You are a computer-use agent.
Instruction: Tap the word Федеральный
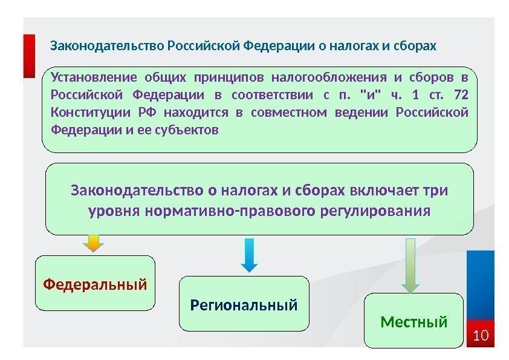pyautogui.click(x=95, y=283)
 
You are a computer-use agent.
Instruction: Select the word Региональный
pyautogui.click(x=244, y=304)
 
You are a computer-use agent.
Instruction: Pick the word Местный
pyautogui.click(x=414, y=321)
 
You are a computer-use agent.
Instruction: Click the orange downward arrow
pyautogui.click(x=94, y=243)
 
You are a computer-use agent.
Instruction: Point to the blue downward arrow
pyautogui.click(x=249, y=255)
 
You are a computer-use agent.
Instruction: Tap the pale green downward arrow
pyautogui.click(x=410, y=265)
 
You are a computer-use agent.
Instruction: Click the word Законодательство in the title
pyautogui.click(x=108, y=46)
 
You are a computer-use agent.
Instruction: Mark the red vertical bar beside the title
pyautogui.click(x=29, y=56)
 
